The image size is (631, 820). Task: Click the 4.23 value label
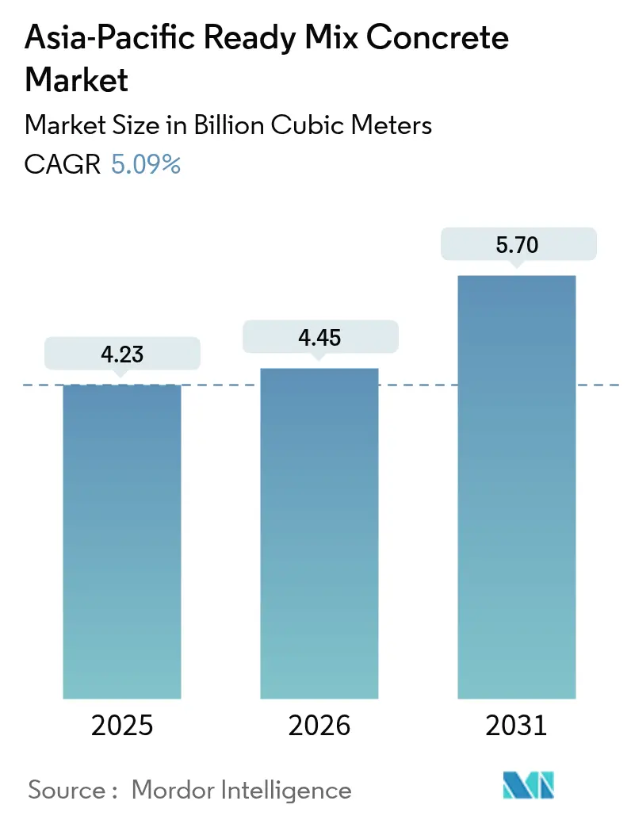tap(122, 353)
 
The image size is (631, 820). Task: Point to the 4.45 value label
tap(319, 336)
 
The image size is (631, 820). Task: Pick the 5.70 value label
tap(517, 244)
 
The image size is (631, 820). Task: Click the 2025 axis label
tap(122, 725)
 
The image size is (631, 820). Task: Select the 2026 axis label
tap(319, 725)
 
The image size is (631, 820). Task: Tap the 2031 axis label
tap(516, 725)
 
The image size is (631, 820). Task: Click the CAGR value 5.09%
tap(146, 165)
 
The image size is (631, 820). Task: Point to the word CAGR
tap(63, 165)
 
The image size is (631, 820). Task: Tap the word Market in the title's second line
tap(78, 80)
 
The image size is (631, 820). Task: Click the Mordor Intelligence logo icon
tap(528, 785)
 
